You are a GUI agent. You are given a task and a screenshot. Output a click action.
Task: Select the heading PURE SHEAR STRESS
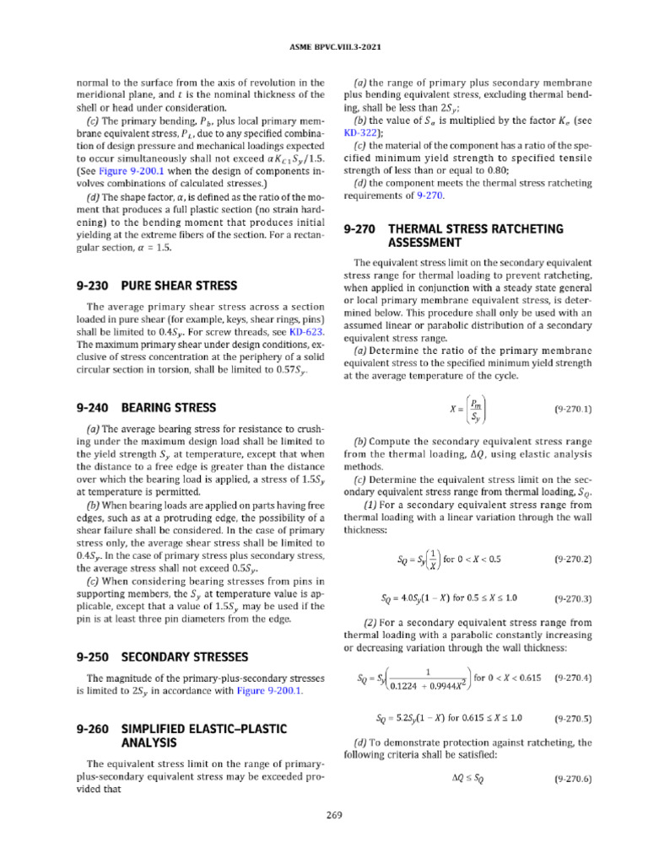[x=179, y=285]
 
